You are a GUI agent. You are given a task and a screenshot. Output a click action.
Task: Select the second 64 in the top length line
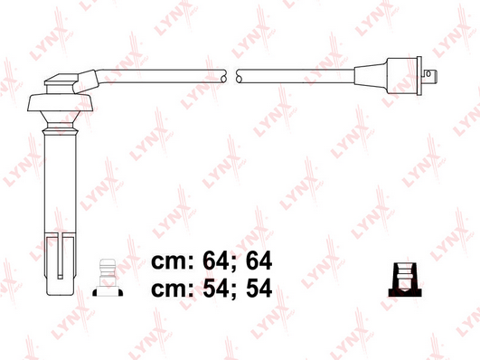click(259, 261)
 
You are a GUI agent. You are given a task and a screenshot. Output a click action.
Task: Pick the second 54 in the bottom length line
click(259, 288)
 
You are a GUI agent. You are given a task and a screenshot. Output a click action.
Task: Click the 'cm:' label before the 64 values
click(173, 262)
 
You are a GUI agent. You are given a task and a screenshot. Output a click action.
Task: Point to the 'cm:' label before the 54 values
click(173, 289)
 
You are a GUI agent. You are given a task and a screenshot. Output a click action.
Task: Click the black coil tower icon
click(405, 279)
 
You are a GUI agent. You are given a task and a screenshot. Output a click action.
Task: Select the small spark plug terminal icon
click(108, 278)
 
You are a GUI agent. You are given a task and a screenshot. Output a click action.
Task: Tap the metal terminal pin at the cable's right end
click(429, 74)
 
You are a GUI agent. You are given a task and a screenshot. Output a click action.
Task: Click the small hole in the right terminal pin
click(428, 73)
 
